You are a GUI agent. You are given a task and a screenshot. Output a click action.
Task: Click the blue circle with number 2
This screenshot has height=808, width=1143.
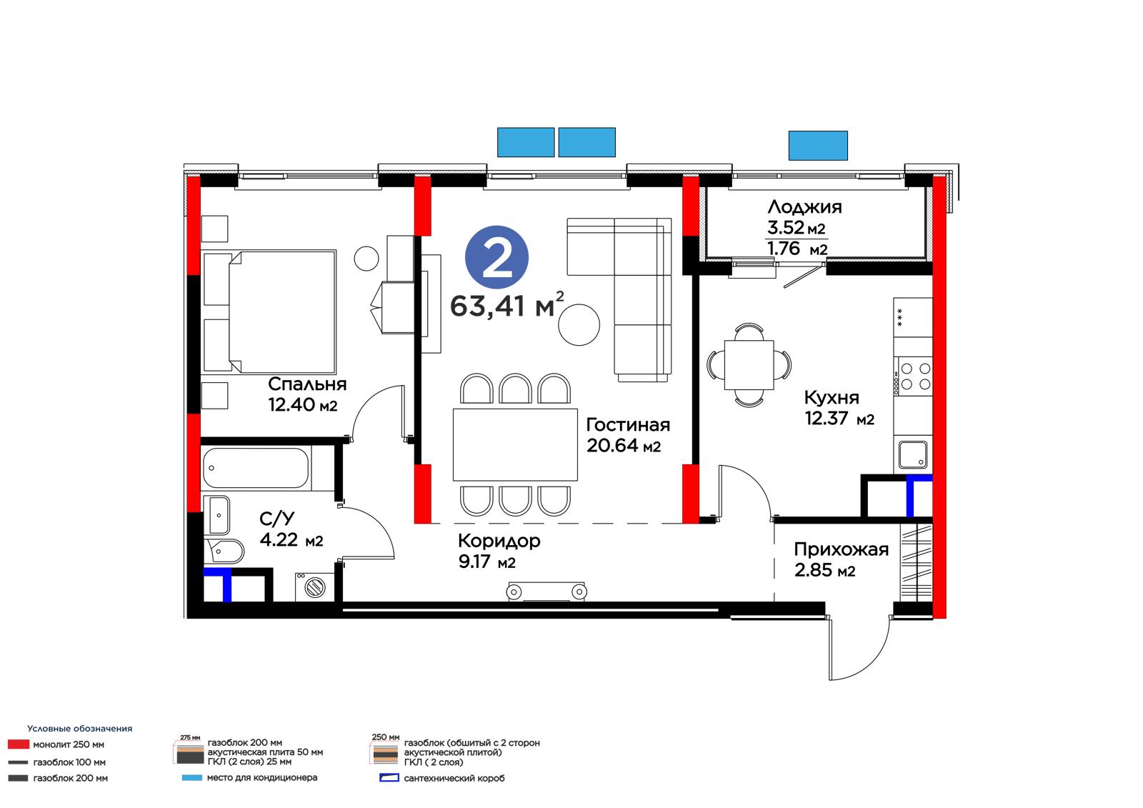pos(496,257)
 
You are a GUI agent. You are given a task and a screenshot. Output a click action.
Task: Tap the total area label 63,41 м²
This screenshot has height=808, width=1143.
pos(507,305)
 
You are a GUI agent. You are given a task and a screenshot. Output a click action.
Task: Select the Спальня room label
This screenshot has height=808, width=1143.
pos(307,384)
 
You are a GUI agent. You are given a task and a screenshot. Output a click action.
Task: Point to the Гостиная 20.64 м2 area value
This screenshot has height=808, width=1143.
pos(624,446)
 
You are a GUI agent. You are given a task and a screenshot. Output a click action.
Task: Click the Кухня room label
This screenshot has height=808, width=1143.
pos(832,397)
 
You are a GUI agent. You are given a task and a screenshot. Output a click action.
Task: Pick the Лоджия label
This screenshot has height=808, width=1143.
pos(804,206)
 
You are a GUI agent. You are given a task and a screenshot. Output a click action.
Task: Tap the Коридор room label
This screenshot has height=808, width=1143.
pos(499,541)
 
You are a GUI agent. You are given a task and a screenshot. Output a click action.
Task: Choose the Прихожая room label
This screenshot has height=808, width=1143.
pos(842,549)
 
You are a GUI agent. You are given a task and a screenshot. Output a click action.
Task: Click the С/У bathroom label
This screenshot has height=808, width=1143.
pos(277,519)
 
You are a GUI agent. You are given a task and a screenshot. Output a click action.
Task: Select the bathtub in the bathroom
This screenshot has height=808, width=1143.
pos(256,468)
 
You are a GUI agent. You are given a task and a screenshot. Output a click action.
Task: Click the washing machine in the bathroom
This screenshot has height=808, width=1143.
pos(314,587)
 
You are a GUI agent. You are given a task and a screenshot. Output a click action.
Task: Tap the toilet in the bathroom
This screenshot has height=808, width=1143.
pos(224,552)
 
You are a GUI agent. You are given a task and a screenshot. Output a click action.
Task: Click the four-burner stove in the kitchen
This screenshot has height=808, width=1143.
pos(914,376)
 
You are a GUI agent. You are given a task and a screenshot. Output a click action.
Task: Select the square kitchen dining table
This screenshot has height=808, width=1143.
pos(749,365)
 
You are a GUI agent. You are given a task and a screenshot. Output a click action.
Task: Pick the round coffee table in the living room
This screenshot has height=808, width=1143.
pos(579,324)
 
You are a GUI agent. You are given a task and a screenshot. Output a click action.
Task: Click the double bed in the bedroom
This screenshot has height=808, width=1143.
pos(269,311)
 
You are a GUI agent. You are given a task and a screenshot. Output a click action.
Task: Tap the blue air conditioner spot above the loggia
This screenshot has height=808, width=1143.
pos(818,146)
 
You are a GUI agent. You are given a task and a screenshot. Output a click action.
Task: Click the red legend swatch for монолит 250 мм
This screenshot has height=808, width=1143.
pos(19,744)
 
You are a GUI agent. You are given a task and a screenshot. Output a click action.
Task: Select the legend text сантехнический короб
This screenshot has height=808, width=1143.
pos(454,779)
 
